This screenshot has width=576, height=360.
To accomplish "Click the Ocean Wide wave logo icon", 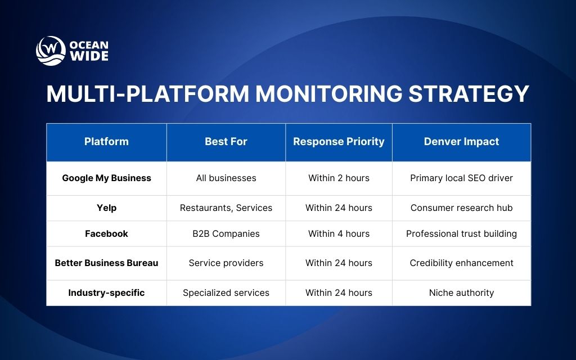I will pos(51,51).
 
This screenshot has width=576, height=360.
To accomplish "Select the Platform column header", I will pos(106,142).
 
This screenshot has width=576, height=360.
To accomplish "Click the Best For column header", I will pos(226,142).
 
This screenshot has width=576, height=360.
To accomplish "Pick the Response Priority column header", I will pos(339,142).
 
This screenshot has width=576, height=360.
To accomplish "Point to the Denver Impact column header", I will pos(461,142).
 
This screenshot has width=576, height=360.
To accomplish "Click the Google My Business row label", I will pos(106,178).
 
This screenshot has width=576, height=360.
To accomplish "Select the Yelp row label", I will pos(106,208).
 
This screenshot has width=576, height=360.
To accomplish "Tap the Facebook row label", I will pos(106,233).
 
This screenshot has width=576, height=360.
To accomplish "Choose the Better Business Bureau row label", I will pos(106,263).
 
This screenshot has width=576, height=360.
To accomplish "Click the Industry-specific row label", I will pos(106,292).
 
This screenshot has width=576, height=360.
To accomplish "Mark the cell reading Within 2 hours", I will pos(339,178).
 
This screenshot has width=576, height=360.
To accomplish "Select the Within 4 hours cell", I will pos(339,233).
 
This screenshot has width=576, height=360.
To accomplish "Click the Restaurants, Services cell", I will pos(226,208).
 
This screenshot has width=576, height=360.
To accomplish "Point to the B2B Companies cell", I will pos(226,233).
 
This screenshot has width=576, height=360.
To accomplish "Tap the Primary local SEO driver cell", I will pos(461,178).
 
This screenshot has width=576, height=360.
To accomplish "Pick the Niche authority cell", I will pos(461,292).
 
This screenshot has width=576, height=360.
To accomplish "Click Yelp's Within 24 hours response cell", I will pos(339,208).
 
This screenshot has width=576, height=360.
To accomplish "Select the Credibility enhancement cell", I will pos(461,263).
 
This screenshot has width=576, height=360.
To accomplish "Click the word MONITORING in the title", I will pos(329,94).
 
